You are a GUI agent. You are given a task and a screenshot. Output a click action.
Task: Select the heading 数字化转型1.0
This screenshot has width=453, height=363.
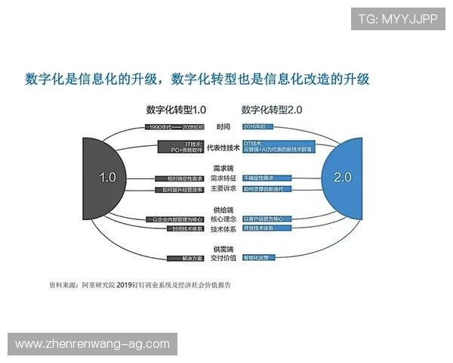[x=176, y=110]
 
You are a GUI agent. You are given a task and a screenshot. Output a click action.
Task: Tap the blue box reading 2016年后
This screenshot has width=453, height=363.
[x=257, y=126]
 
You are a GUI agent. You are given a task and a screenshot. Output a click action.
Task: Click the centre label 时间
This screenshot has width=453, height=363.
[x=223, y=126]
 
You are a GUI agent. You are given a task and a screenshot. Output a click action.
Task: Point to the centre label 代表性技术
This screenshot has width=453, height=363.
[x=223, y=147]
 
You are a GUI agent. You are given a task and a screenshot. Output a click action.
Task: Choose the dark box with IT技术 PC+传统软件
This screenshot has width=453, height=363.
[x=181, y=147]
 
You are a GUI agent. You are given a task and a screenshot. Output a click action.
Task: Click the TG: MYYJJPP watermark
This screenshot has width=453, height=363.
[x=398, y=18]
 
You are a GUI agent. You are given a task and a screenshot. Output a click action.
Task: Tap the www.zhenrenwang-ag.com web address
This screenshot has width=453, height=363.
[x=92, y=344]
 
